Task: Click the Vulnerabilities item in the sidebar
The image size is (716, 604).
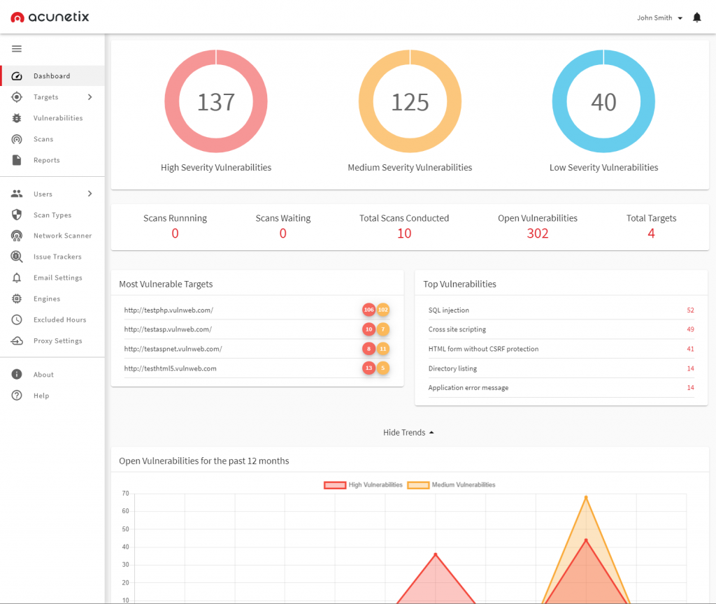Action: pos(58,118)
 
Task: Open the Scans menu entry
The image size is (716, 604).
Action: pos(43,139)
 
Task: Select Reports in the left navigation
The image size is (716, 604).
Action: pos(46,160)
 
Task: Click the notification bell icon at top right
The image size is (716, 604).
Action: pos(696,17)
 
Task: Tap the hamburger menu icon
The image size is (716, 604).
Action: pos(17,49)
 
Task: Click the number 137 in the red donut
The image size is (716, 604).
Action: pos(215,102)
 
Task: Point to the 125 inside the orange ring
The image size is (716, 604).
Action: pos(410,102)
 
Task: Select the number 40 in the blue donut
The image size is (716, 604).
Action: pos(603,102)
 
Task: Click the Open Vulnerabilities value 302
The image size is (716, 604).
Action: pos(537,233)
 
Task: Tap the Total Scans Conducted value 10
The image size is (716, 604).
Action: pos(404,233)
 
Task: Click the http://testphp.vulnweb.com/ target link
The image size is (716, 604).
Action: pos(169,310)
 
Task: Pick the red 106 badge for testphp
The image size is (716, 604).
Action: pos(368,310)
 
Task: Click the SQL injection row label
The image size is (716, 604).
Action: pos(449,310)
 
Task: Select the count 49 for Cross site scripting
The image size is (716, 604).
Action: pos(690,329)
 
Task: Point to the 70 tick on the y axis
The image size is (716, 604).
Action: pos(125,494)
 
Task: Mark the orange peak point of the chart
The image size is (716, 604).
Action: pos(586,497)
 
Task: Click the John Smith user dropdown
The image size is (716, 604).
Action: pos(659,17)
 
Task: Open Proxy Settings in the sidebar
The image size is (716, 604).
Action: pos(57,340)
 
